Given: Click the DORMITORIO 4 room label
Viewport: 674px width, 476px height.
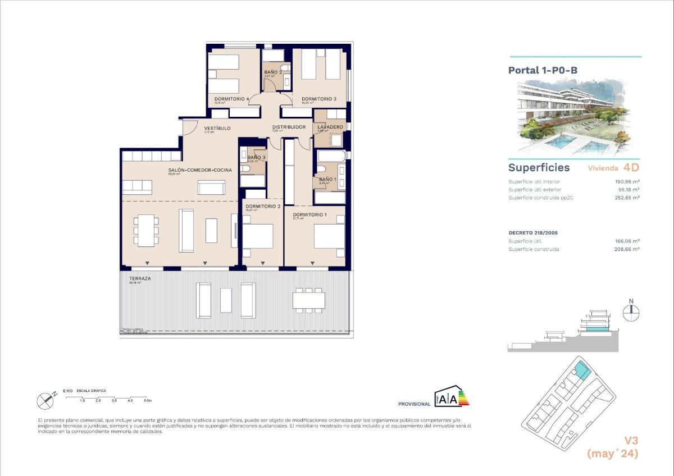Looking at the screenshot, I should (228, 99).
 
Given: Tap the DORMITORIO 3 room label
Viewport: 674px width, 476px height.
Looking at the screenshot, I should (318, 99).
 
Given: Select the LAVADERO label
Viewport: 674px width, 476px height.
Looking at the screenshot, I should (330, 127).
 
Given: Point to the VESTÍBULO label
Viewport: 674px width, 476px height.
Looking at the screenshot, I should (217, 128).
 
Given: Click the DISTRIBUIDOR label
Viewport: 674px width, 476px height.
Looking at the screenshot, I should (289, 127).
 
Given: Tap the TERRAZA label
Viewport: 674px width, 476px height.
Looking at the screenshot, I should (138, 278).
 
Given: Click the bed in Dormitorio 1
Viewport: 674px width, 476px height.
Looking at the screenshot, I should (329, 236).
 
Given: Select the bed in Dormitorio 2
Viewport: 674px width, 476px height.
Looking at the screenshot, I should (258, 236).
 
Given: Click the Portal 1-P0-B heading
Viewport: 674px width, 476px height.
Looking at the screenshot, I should (543, 70).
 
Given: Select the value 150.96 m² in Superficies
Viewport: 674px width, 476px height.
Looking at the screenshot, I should (627, 181).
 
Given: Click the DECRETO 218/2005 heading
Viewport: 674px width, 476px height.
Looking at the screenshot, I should (532, 232).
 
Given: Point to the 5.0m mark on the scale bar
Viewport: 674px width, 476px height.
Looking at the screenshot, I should (147, 400).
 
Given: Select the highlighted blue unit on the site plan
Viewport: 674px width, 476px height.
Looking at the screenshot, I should (581, 371).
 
